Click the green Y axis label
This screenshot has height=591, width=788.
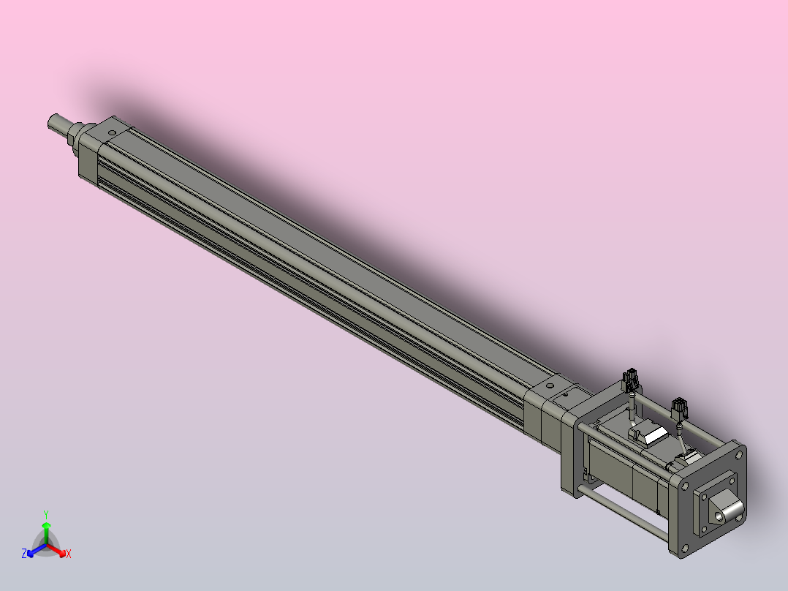tap(45, 513)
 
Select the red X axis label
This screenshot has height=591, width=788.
tap(68, 554)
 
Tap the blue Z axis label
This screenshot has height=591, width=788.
tap(24, 554)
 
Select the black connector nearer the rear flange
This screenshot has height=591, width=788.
tap(680, 408)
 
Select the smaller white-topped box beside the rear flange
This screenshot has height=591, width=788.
tap(688, 459)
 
